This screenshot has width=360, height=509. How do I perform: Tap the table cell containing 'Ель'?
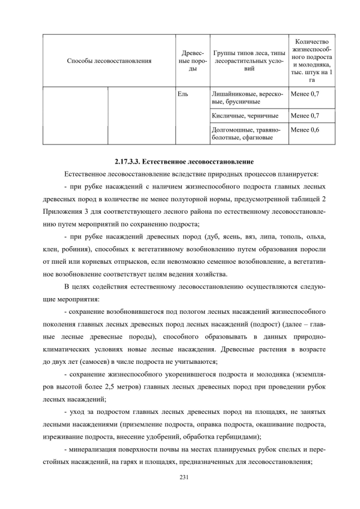click(x=182, y=93)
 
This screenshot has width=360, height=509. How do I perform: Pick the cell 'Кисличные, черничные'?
click(x=245, y=116)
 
